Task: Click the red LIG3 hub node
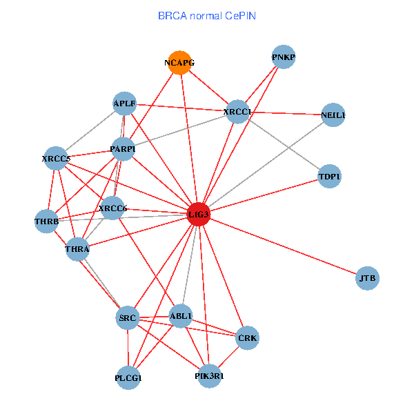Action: pos(199,215)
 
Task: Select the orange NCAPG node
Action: pos(179,63)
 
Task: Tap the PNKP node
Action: pos(284,57)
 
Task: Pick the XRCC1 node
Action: pos(237,112)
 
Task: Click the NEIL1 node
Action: pos(333,115)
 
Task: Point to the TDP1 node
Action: pos(330,177)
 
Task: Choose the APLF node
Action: pos(125,104)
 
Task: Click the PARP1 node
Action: pos(123,149)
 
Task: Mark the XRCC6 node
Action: pos(112,208)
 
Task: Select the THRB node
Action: pos(46,221)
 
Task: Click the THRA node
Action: pos(77,249)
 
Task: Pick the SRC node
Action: pos(128,318)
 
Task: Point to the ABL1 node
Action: pos(181,316)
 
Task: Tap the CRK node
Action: pos(247,338)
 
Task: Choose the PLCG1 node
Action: pos(128,378)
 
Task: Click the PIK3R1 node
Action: pos(209,376)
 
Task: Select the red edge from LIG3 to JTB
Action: pos(283,246)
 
